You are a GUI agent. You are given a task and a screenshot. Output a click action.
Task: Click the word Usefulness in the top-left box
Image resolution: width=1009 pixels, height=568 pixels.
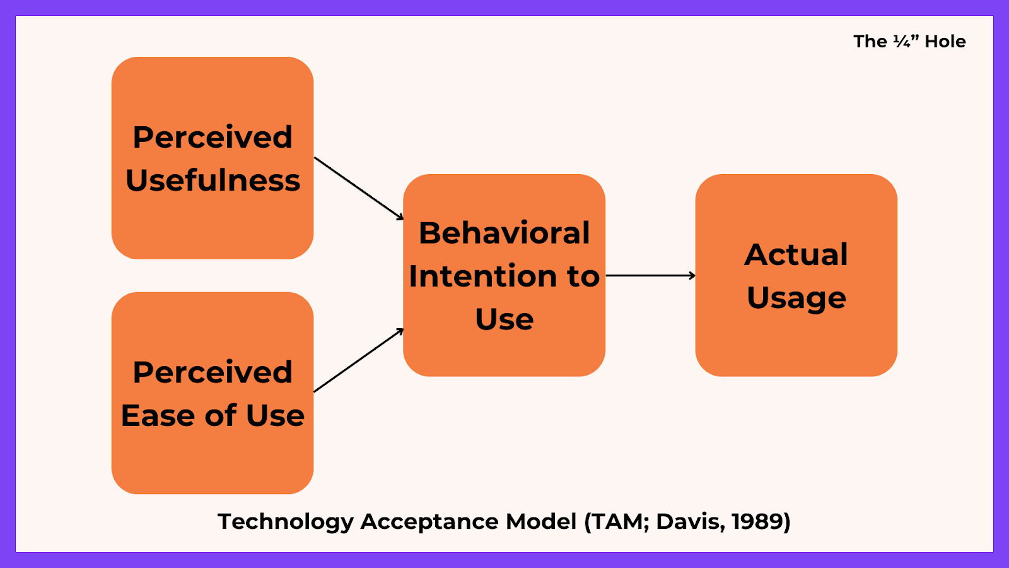[x=213, y=180]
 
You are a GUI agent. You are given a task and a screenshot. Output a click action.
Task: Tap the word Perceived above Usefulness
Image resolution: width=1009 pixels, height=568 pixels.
[x=213, y=138]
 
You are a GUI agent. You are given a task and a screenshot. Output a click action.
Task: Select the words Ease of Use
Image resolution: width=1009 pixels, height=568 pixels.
[x=213, y=415]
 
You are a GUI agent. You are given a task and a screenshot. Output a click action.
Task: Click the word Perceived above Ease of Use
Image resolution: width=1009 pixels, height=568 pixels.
[x=213, y=372]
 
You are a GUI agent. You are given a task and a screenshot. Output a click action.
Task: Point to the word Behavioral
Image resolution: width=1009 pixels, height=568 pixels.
[x=504, y=233]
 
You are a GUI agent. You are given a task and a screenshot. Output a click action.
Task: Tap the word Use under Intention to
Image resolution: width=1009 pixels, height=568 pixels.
[x=504, y=319]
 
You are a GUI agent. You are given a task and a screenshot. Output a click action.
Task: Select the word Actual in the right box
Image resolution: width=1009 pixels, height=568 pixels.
[x=796, y=255]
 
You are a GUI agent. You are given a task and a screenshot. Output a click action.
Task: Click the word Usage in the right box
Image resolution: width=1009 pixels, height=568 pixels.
[x=796, y=298]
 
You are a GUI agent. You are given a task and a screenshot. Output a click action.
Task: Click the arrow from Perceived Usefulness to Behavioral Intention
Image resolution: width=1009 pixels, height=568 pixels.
[x=358, y=188]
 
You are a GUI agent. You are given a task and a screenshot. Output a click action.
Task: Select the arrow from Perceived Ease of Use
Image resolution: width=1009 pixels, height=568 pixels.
[x=358, y=360]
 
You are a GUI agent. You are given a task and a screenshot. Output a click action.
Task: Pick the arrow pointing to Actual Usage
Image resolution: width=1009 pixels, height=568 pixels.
[x=650, y=276]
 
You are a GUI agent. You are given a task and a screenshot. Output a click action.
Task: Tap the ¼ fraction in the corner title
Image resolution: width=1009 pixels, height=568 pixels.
[x=902, y=42]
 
